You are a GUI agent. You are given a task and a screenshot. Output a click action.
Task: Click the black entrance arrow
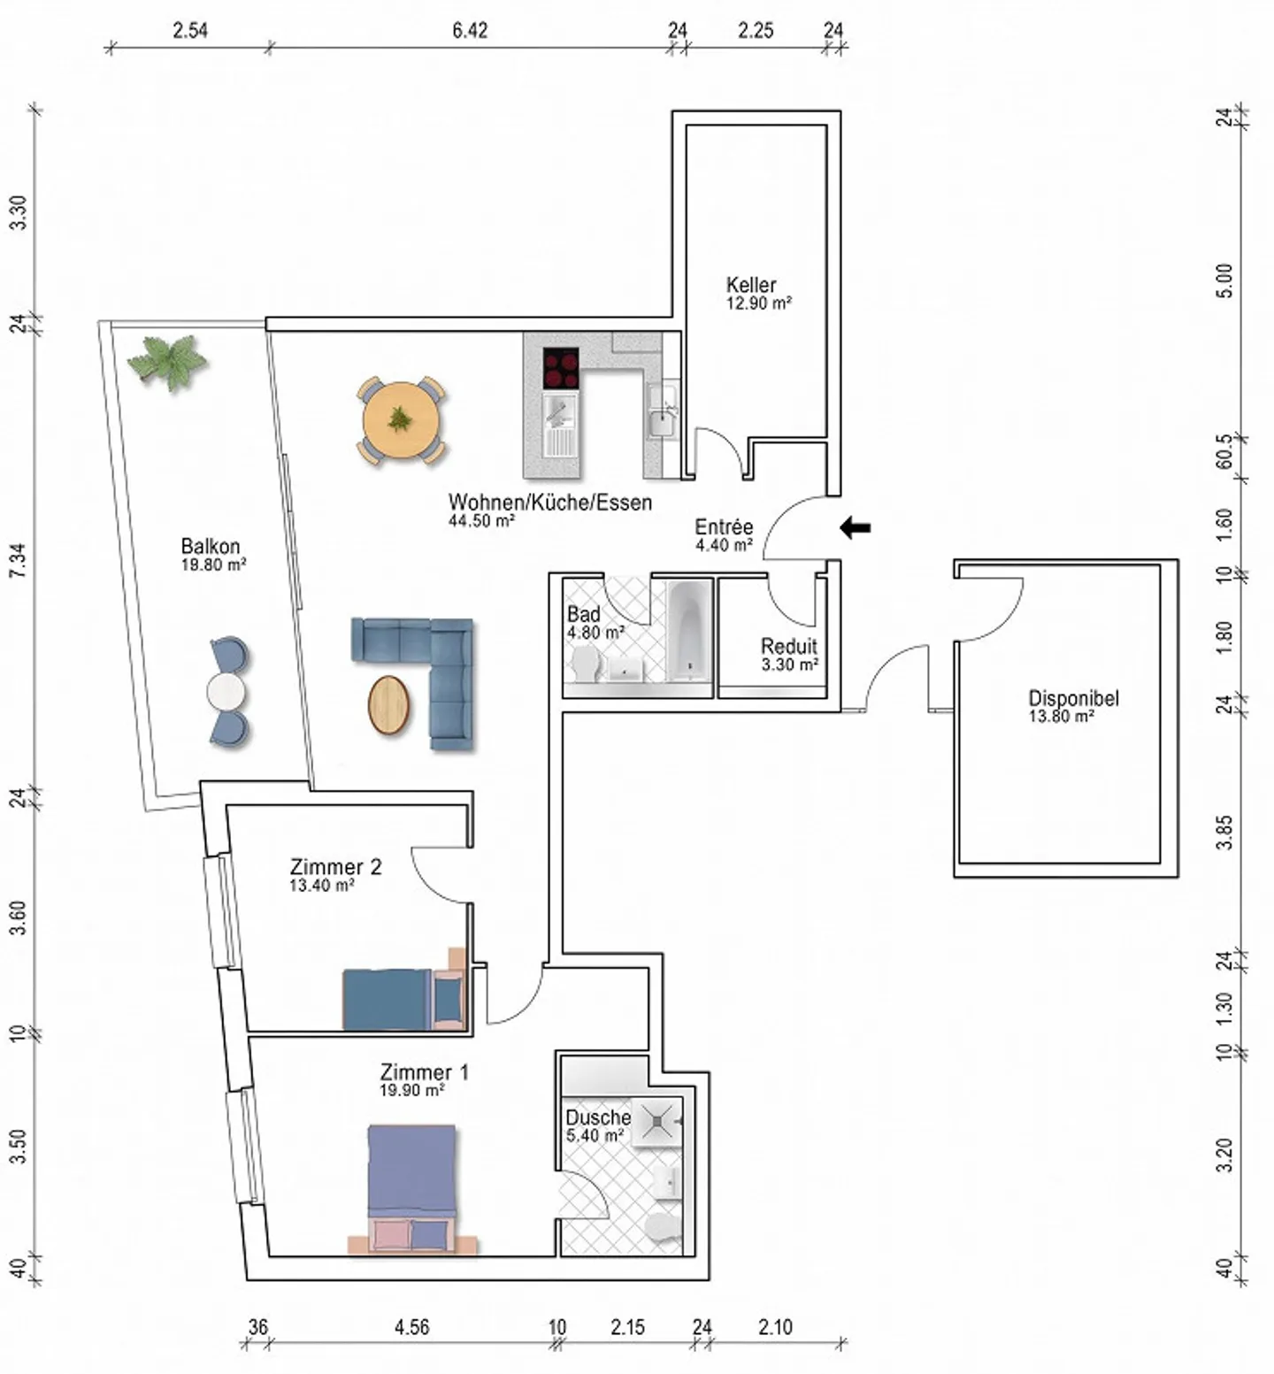[x=855, y=528]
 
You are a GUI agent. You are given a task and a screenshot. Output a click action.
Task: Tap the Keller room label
[x=751, y=285]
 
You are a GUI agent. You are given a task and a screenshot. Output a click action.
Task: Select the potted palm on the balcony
[x=167, y=360]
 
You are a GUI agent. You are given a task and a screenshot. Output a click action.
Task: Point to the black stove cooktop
[x=560, y=368]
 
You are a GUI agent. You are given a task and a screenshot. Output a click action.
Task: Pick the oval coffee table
[x=389, y=705]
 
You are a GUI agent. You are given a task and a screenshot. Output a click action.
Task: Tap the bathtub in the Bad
[x=688, y=630]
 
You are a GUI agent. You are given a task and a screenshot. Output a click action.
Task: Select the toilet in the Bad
[x=585, y=664]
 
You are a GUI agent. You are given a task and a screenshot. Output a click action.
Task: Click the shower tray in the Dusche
[x=657, y=1122]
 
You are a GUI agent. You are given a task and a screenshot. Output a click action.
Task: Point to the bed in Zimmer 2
[x=403, y=1000]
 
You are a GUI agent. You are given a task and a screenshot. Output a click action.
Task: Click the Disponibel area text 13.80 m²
[x=1061, y=718]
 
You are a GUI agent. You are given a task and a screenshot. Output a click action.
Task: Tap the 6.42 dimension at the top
[x=470, y=30]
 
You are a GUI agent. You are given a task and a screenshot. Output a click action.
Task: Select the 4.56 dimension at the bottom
[x=411, y=1327]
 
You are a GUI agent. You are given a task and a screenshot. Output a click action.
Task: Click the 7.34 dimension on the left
[x=18, y=561]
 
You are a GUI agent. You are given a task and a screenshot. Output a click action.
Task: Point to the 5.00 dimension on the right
[x=1224, y=281]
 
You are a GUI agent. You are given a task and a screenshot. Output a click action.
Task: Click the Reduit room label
[x=789, y=646]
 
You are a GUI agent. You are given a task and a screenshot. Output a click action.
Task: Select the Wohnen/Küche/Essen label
[x=549, y=503]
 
